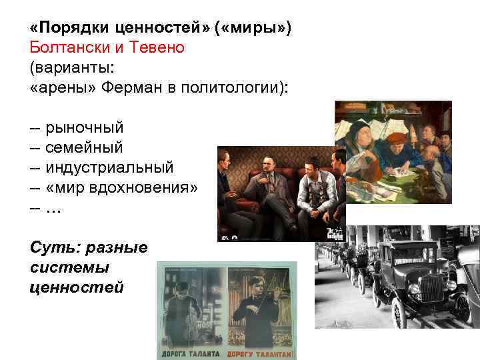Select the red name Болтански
[65, 48]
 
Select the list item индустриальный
[109, 166]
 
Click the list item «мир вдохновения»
[122, 186]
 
